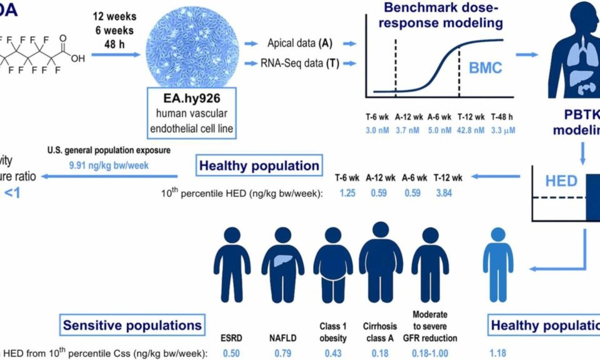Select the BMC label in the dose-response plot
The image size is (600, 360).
point(485,67)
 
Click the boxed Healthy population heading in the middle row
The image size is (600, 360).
point(259,166)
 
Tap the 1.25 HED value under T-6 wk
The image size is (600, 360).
point(348,193)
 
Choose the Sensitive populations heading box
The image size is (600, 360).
point(132,326)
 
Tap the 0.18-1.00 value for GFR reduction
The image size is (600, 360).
point(435,353)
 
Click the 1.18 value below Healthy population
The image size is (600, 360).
point(498,353)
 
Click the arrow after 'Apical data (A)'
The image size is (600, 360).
point(348,44)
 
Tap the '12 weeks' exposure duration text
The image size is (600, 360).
point(115,15)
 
